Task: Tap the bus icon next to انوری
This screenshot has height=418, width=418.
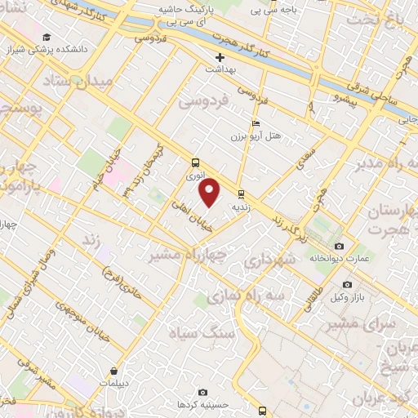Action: click(194, 162)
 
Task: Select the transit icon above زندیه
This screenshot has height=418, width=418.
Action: click(241, 194)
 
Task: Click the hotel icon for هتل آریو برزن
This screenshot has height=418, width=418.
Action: click(256, 124)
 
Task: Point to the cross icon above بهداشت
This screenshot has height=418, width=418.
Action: click(220, 57)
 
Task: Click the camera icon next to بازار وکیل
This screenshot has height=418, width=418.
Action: click(348, 284)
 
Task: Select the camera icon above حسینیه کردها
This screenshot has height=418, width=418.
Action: click(202, 393)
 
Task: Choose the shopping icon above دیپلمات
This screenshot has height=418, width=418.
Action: click(122, 370)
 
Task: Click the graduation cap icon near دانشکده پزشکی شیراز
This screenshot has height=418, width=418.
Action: click(47, 38)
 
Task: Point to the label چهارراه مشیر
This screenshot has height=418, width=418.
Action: click(179, 254)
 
